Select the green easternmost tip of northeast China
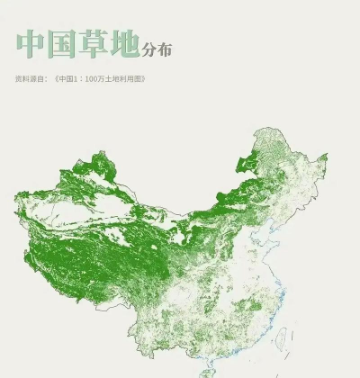[325, 157]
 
